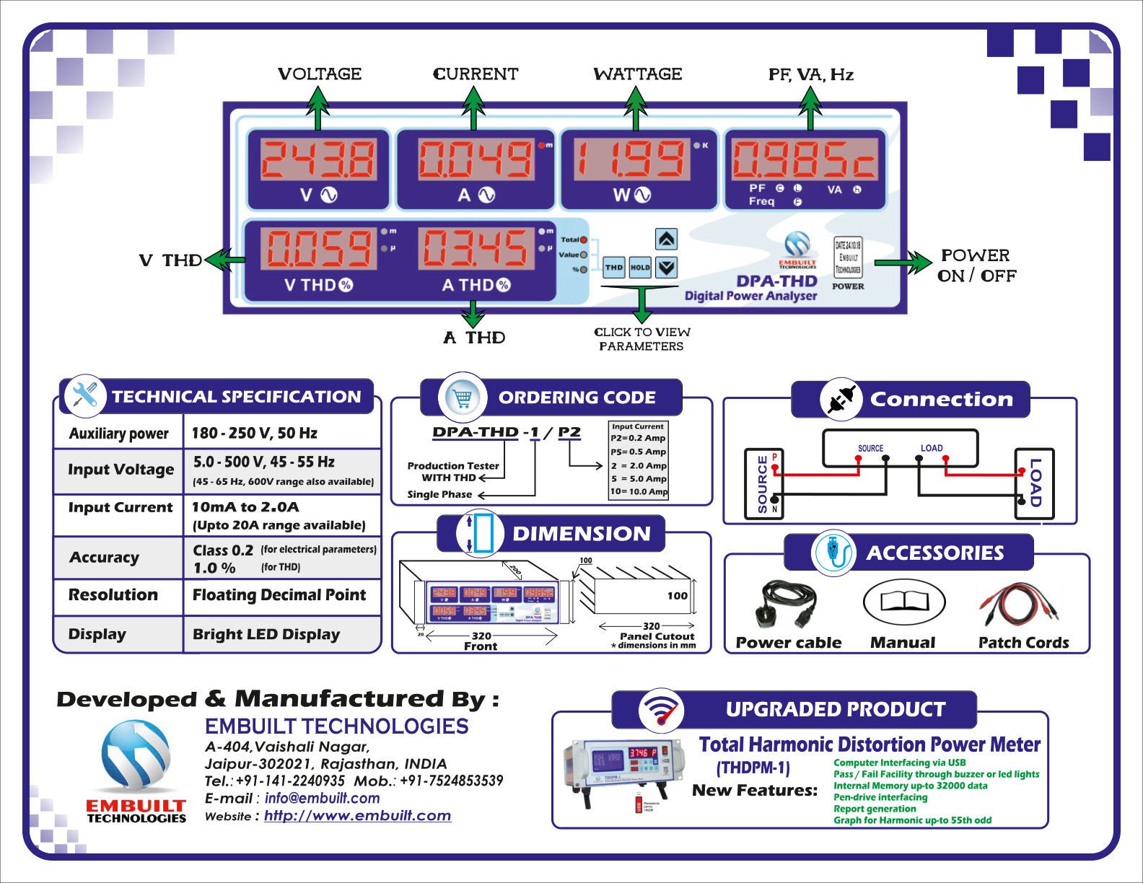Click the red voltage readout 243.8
click(318, 159)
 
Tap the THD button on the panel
click(614, 268)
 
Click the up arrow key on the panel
click(666, 239)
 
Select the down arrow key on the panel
click(666, 268)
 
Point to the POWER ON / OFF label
click(976, 265)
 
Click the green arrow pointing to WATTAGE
click(635, 108)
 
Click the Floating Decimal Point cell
click(279, 595)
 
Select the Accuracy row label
click(105, 558)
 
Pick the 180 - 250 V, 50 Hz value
click(254, 434)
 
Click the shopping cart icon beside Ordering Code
click(463, 397)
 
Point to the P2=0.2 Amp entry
click(638, 438)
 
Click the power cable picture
click(787, 603)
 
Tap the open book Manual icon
click(903, 603)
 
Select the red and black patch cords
click(1019, 605)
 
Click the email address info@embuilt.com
click(322, 799)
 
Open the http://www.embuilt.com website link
click(357, 816)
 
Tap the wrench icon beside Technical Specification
click(85, 395)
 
